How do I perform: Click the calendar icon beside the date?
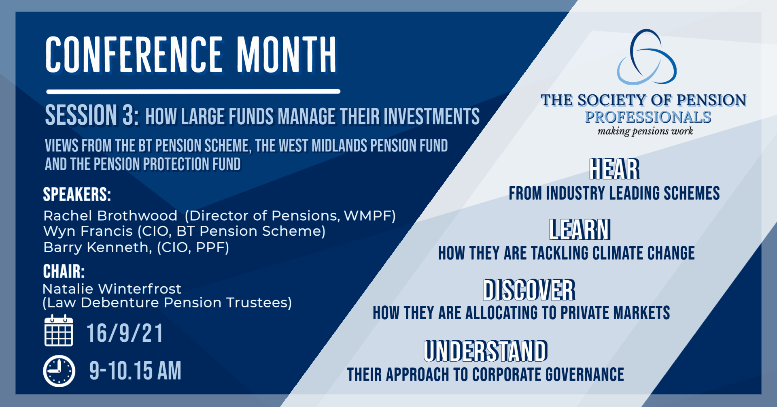coord(59,330)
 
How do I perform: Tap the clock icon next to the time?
coord(59,371)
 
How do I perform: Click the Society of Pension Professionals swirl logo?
coord(647,57)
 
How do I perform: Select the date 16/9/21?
coord(125,333)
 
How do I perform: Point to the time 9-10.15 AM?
coord(135,371)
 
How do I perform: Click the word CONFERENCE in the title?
coord(134,55)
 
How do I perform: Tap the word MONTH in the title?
coord(287,55)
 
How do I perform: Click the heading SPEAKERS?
coord(77,194)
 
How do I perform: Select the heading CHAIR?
coord(64,271)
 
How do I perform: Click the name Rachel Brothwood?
coord(110,216)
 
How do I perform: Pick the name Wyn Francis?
coord(88,231)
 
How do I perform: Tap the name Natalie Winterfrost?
coord(112,289)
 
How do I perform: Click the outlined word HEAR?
coord(614,169)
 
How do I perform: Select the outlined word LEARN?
coord(580,230)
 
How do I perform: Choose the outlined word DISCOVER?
coord(529,290)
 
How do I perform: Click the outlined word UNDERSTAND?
coord(486,351)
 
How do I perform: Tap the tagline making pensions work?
coord(645,131)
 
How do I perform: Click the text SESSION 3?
coord(92,115)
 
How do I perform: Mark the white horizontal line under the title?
coord(193,92)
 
